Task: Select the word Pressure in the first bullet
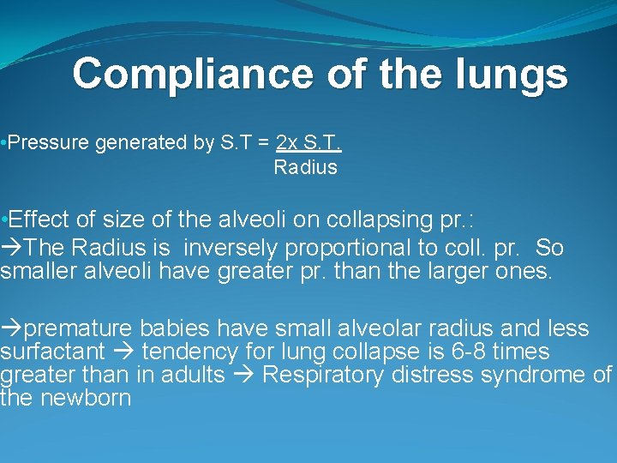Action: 48,143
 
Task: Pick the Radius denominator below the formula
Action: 305,167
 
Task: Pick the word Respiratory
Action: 318,375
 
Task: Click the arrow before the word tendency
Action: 125,352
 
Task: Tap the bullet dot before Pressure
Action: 4,143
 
